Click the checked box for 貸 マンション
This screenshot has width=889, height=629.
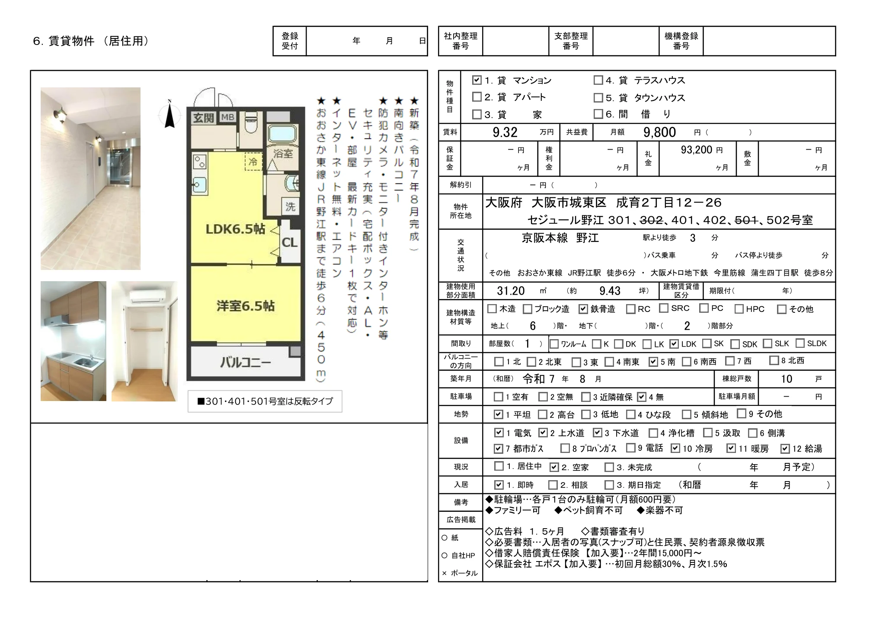476,80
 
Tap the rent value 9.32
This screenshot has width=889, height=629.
505,132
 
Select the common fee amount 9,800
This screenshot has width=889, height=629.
659,132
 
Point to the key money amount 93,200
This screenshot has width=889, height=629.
696,150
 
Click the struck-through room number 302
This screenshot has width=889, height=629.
651,220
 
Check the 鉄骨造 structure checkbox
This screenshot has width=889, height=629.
583,309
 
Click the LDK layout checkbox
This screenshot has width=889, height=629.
674,344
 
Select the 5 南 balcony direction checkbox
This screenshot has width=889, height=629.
653,362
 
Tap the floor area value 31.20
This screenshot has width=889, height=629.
511,291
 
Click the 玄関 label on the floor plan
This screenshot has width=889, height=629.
203,118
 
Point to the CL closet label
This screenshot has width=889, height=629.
289,243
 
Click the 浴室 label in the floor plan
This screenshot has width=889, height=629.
283,154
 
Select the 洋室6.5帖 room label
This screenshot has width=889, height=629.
245,306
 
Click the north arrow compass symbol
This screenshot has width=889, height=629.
170,115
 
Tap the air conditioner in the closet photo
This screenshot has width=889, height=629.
147,296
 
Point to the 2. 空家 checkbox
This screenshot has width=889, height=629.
554,467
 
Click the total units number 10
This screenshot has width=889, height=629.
786,379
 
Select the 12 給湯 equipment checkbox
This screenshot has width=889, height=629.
785,449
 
